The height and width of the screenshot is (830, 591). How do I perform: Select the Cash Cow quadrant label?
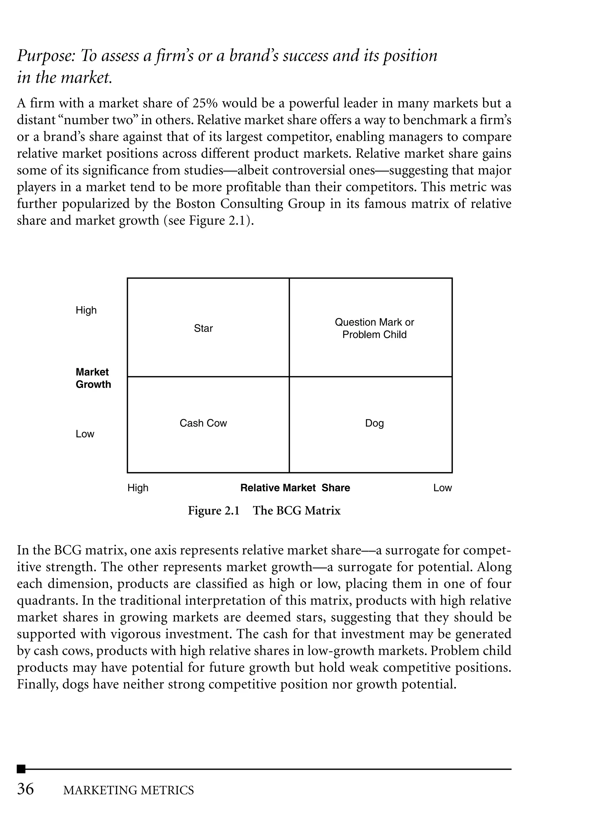203,423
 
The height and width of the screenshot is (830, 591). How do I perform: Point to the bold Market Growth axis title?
93,378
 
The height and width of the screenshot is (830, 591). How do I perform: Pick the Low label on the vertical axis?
85,434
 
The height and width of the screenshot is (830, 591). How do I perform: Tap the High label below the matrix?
138,488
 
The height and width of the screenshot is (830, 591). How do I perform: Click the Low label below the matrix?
442,488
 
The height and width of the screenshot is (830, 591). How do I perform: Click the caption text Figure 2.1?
214,511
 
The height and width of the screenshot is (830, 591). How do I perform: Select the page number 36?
25,789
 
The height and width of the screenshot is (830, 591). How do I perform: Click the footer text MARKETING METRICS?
128,790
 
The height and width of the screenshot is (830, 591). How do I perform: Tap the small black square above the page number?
21,769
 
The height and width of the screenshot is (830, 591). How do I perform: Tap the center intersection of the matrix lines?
289,377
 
